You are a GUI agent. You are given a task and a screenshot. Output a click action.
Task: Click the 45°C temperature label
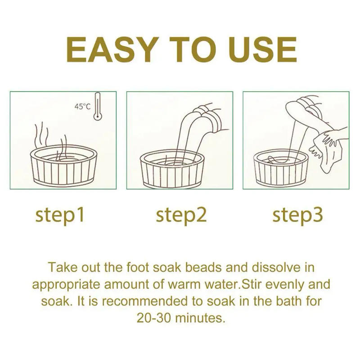(x=82, y=107)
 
